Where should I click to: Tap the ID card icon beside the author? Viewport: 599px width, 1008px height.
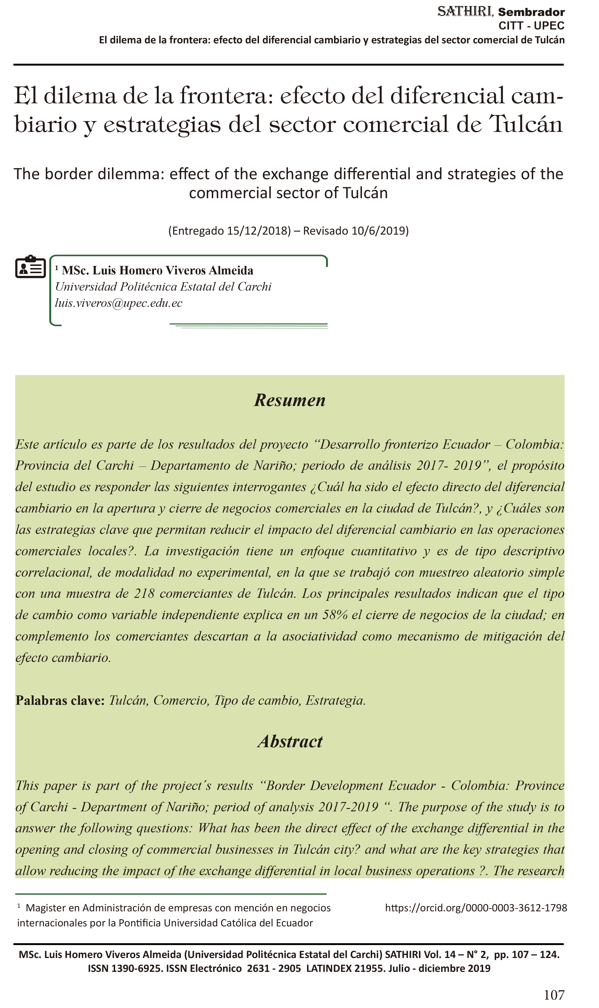(x=30, y=267)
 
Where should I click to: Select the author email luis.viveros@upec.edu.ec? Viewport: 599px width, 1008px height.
(x=119, y=303)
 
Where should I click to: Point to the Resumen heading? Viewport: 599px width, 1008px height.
(x=289, y=400)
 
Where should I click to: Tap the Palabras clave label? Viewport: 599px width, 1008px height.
(x=60, y=700)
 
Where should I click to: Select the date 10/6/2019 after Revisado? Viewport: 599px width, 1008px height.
(x=378, y=231)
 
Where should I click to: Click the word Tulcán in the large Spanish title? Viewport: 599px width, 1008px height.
(x=526, y=124)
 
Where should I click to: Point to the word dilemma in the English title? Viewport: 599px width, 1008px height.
(x=133, y=174)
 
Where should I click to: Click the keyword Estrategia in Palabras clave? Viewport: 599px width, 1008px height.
(x=335, y=700)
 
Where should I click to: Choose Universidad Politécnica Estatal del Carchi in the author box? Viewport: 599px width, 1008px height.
(x=163, y=286)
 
